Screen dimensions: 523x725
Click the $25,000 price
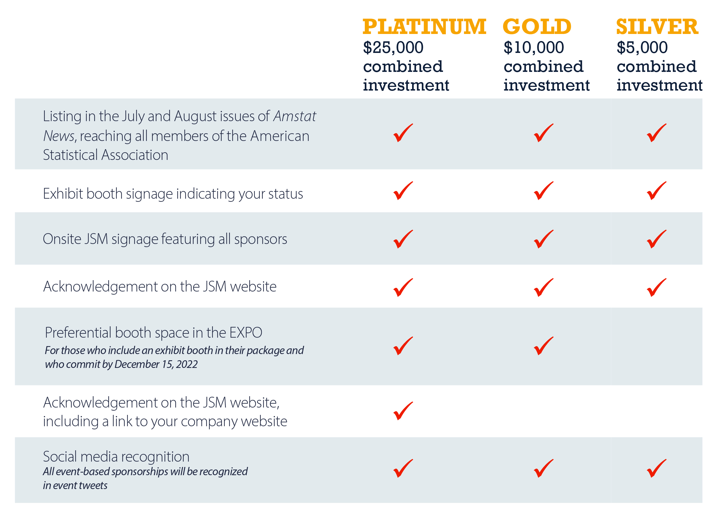393,48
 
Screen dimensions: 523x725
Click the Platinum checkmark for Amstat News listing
403,133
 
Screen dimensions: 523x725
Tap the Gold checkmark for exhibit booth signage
543,191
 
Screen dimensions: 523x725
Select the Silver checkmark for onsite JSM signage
656,239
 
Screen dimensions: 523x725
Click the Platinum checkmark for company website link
403,411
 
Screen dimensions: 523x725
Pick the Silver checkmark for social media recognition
656,468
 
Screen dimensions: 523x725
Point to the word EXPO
246,333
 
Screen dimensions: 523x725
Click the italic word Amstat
294,116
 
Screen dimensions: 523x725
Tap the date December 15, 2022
156,364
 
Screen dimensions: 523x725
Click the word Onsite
62,239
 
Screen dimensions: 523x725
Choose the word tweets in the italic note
93,486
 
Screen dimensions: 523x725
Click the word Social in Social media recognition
60,457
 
